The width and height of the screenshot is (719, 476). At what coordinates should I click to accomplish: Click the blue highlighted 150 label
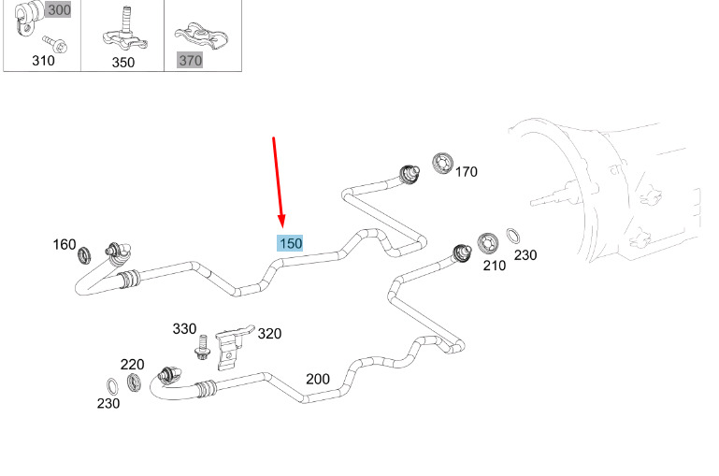tap(290, 243)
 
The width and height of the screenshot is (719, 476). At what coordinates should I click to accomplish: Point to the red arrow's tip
tap(282, 228)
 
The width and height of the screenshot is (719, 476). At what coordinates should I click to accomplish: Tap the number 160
tap(65, 244)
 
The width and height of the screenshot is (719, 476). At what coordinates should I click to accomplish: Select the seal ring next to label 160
tap(84, 255)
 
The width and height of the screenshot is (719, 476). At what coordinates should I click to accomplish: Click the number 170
tap(467, 172)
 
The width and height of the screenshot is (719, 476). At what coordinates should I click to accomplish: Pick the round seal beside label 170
tap(442, 164)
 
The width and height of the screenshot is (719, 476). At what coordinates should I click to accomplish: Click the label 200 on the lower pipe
tap(317, 379)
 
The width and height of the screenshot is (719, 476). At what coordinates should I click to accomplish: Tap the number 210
tap(495, 266)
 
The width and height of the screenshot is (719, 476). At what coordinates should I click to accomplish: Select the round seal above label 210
tap(487, 243)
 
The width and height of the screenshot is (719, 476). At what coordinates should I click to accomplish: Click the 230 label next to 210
tap(525, 255)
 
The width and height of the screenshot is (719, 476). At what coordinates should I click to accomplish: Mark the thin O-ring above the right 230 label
tap(513, 236)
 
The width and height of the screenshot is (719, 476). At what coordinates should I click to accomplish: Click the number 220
tap(132, 365)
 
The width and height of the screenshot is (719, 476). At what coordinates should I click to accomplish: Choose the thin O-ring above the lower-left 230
tap(112, 386)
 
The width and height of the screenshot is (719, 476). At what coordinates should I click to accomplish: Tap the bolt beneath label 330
tap(202, 348)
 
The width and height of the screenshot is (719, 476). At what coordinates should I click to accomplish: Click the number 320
tap(269, 333)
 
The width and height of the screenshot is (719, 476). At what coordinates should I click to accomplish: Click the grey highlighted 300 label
tap(59, 10)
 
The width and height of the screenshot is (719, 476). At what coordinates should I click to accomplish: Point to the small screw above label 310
tap(55, 44)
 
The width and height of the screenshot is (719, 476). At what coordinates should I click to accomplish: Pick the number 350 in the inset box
tap(122, 63)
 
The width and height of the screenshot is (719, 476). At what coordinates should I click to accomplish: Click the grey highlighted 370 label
tap(190, 60)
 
